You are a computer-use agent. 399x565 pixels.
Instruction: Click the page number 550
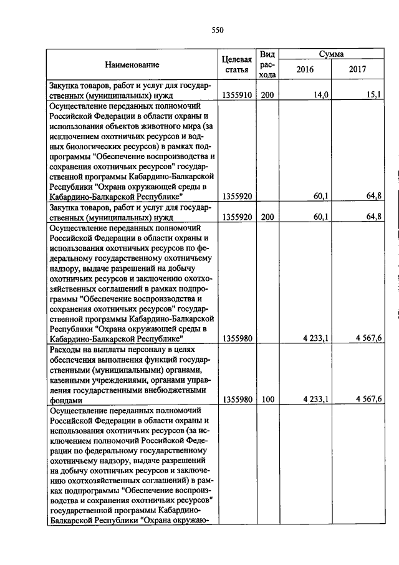[x=217, y=30]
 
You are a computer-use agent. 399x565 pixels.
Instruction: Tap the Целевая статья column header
[x=236, y=64]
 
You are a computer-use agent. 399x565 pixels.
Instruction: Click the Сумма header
[x=331, y=54]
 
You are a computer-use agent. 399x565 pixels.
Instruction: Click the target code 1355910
[x=236, y=96]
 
